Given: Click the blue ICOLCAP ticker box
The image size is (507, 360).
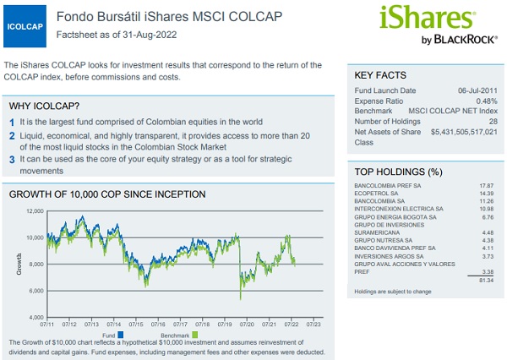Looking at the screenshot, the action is (x=25, y=26).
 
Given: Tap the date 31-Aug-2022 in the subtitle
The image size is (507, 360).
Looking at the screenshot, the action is (x=150, y=35).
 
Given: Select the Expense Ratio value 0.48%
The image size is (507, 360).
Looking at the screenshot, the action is (x=487, y=101).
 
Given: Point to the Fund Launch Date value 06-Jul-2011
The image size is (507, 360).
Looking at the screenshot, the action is (x=477, y=90).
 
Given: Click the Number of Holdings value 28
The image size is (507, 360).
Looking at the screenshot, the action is (x=493, y=122).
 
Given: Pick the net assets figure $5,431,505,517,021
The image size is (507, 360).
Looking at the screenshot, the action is (x=464, y=132).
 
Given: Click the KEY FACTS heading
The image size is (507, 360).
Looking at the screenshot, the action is (x=380, y=75).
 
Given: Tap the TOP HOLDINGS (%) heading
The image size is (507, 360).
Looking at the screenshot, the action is (x=398, y=172).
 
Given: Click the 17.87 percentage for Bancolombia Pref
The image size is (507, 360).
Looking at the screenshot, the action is (x=487, y=186).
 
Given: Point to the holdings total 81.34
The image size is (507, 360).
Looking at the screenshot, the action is (x=487, y=280).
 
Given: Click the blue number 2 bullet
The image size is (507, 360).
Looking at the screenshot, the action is (x=12, y=136).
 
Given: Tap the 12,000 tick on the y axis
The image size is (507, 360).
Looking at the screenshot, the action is (x=35, y=211).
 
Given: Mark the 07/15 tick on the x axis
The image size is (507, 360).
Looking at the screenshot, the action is (x=136, y=325).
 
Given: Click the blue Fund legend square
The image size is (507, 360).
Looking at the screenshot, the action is (x=121, y=335).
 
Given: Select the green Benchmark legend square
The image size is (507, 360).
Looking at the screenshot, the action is (x=194, y=335).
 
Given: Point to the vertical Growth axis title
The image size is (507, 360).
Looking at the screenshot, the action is (x=19, y=264).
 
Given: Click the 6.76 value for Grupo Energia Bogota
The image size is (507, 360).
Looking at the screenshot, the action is (x=488, y=217).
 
